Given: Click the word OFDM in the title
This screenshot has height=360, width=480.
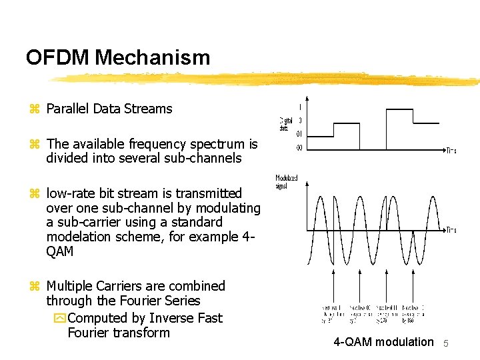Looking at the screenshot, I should click(58, 58).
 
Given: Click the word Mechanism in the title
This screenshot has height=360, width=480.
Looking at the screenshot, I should click(152, 58).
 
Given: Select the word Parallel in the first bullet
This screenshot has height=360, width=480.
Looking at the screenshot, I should click(68, 109).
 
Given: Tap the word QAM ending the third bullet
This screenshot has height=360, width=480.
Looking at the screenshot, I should click(60, 251).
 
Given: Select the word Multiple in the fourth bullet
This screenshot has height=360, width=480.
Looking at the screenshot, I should click(71, 286).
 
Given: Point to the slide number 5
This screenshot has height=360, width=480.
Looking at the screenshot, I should click(447, 343).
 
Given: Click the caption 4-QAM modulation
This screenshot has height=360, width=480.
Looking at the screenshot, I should click(383, 342).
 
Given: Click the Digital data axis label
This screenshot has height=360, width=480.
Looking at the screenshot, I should click(286, 124).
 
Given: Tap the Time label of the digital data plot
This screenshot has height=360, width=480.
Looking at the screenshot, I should click(451, 151).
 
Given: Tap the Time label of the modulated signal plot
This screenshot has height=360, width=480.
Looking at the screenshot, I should click(451, 230).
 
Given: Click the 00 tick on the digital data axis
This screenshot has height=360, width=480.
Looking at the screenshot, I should click(299, 148).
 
